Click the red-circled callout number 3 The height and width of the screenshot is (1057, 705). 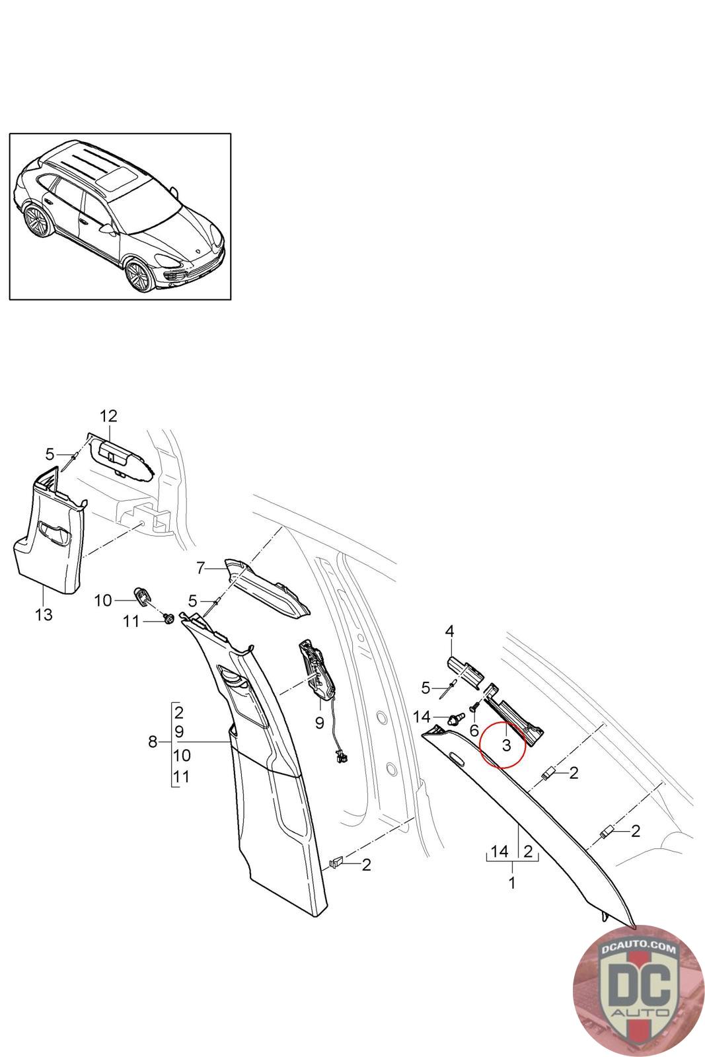pos(506,745)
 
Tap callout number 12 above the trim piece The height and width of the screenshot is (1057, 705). pos(108,416)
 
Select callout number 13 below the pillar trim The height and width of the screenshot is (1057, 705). pos(44,614)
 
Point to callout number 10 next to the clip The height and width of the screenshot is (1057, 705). pos(103,601)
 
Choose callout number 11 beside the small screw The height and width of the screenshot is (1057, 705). pos(131,621)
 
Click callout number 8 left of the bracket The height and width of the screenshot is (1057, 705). pos(153,743)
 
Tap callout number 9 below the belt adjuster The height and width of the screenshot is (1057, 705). pos(320,723)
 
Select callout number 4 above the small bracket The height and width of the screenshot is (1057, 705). pos(449,632)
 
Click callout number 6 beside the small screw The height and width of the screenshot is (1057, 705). pos(474,731)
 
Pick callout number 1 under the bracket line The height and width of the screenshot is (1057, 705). pos(511,881)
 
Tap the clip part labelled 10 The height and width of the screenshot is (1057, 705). pos(141,595)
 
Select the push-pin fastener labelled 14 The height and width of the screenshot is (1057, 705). pos(453,718)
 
